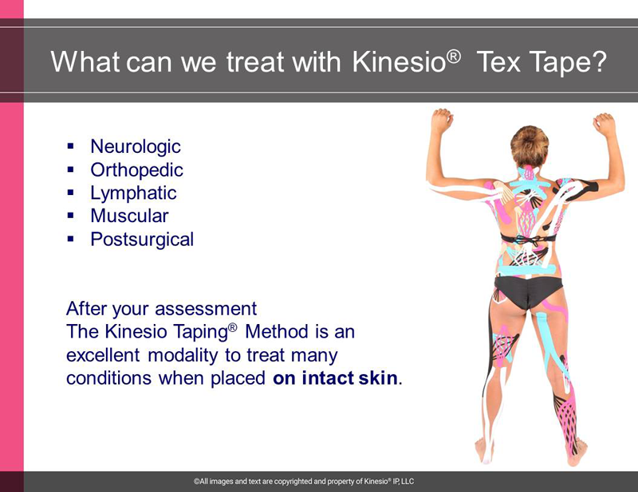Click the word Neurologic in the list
click(x=136, y=146)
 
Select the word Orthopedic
click(x=136, y=170)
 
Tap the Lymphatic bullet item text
click(x=133, y=193)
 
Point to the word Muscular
click(x=129, y=216)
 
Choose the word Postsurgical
click(x=142, y=240)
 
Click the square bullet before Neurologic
click(x=71, y=146)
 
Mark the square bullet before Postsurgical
click(x=71, y=239)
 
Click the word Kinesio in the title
click(x=400, y=62)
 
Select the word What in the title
click(x=85, y=62)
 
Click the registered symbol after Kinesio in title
click(x=455, y=56)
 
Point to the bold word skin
click(x=378, y=378)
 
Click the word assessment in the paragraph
click(x=206, y=309)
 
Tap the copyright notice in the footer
click(x=304, y=482)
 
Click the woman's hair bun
click(x=530, y=145)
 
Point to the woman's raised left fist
click(x=442, y=120)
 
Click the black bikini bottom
click(x=527, y=291)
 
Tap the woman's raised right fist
click(x=605, y=124)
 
